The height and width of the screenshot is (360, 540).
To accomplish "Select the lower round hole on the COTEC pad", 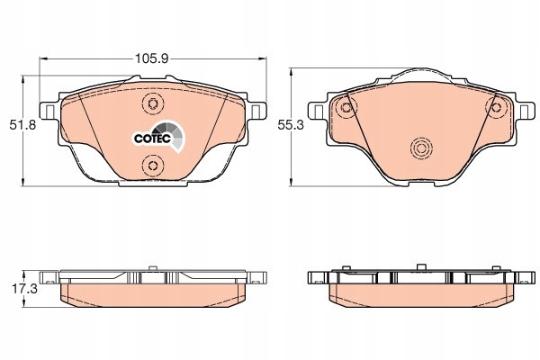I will [151, 166].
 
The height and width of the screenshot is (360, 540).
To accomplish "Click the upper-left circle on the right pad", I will [345, 108].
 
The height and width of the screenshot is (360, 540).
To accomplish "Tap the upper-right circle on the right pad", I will [496, 108].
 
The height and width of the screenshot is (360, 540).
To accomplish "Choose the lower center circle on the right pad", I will [420, 149].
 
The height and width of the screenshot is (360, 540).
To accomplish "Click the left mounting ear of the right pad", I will [317, 112].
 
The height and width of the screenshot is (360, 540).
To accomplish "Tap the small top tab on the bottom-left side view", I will [152, 266].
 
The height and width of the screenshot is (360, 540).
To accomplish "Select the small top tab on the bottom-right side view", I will [420, 266].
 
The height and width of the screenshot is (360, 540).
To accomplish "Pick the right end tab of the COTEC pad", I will [259, 112].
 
